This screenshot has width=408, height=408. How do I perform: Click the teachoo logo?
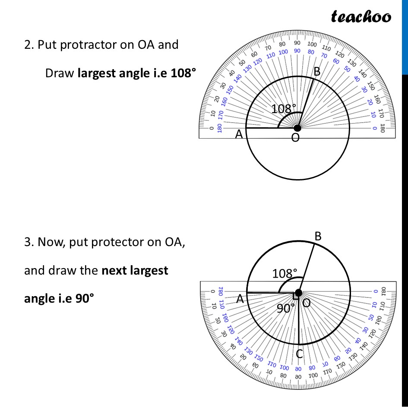[x=361, y=16]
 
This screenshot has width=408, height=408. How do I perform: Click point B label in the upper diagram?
[x=317, y=72]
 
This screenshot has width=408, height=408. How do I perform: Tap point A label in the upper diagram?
[x=239, y=135]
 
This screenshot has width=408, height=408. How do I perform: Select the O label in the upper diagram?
[x=295, y=138]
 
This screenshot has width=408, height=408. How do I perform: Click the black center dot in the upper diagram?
[x=297, y=128]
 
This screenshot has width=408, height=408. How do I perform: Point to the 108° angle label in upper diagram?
[x=284, y=109]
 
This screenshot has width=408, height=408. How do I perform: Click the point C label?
[x=299, y=354]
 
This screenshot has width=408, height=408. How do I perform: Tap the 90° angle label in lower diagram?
[x=286, y=308]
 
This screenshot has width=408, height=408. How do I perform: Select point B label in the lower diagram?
[x=318, y=236]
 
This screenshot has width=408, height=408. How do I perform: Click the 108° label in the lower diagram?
[x=285, y=274]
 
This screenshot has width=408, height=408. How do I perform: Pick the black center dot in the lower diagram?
[x=298, y=293]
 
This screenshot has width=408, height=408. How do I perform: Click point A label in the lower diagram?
[x=240, y=299]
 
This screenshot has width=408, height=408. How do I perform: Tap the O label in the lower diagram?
[x=306, y=303]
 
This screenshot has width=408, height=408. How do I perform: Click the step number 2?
[x=28, y=45]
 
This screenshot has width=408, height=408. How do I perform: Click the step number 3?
[x=28, y=242]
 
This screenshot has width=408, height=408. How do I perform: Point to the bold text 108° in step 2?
[x=183, y=73]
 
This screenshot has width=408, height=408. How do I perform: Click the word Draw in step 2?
[x=60, y=73]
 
